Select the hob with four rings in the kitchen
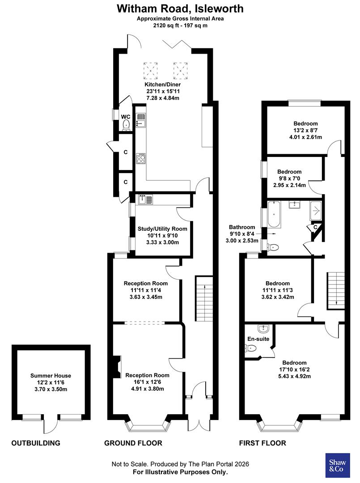(x=141, y=159)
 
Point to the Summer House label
(x=51, y=376)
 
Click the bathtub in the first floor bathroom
(x=273, y=214)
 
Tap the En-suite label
(x=258, y=339)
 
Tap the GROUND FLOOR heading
(x=133, y=443)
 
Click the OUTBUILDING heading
(x=36, y=443)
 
